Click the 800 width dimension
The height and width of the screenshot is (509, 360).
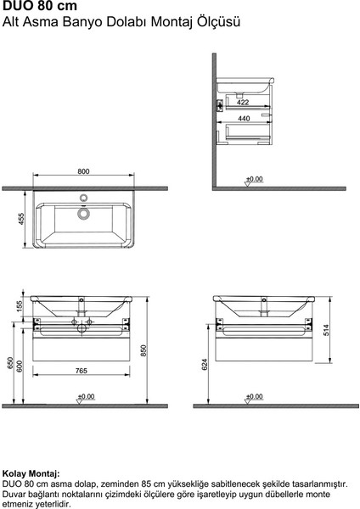83,173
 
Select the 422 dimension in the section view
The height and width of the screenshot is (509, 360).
243,103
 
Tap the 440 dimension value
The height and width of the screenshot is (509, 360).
243,119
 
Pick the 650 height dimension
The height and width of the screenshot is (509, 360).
10,364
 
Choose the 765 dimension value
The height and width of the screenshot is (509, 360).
82,371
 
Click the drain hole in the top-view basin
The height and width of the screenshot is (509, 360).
83,214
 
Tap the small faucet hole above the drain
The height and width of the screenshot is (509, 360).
83,199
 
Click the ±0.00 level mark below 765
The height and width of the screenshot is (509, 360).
84,396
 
